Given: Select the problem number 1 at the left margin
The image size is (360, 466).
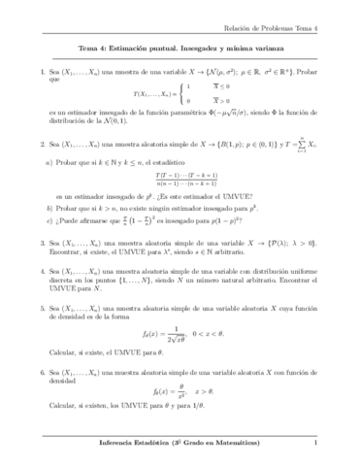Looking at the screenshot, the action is [x=33, y=72].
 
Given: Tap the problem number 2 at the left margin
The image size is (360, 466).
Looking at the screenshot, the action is [x=33, y=144].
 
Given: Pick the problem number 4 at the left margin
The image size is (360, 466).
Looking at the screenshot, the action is [x=33, y=276].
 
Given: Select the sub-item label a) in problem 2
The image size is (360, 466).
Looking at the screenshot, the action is [x=49, y=161].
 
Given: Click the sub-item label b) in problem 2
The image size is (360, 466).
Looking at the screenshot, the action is [x=49, y=207].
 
